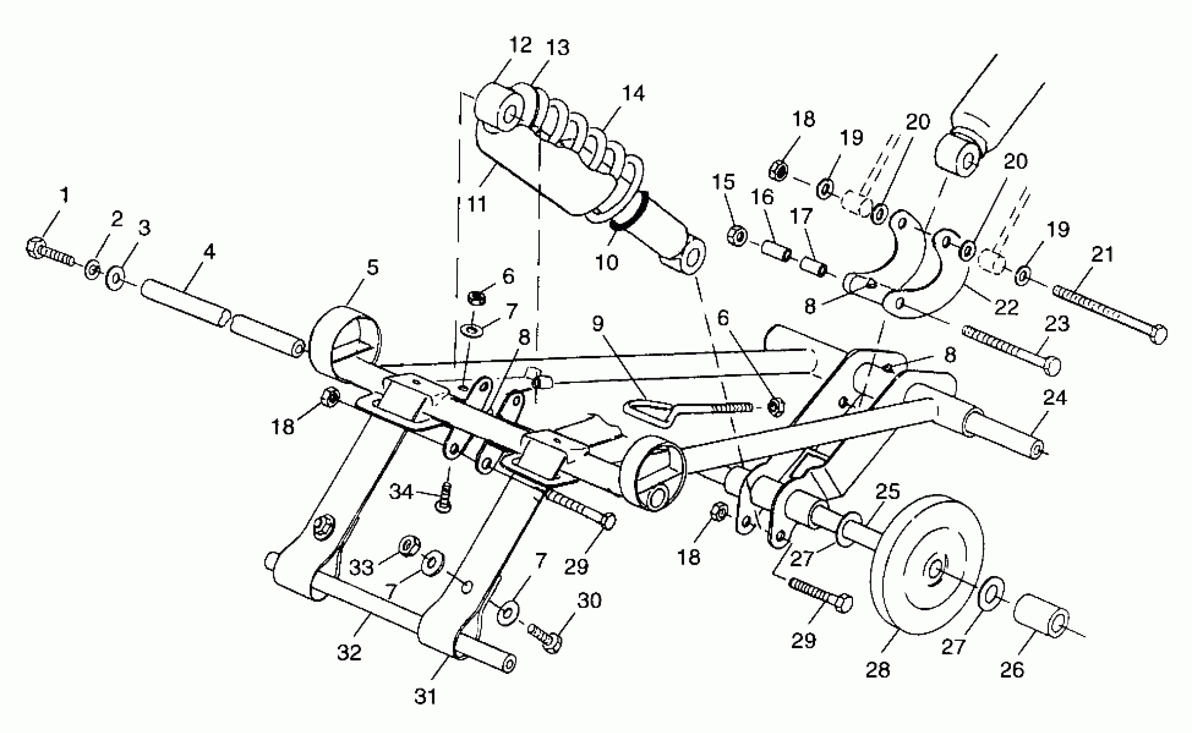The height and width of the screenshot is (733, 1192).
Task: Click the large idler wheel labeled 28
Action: pyautogui.click(x=927, y=566)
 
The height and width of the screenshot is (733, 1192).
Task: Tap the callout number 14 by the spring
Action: pyautogui.click(x=633, y=93)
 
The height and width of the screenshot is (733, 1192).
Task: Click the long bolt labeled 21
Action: pyautogui.click(x=1110, y=312)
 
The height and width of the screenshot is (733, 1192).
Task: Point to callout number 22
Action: pyautogui.click(x=1006, y=307)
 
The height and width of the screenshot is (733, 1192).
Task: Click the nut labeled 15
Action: pyautogui.click(x=737, y=236)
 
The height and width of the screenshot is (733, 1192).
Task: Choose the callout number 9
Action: pyautogui.click(x=598, y=323)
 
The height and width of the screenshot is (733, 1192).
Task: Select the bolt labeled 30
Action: pyautogui.click(x=546, y=636)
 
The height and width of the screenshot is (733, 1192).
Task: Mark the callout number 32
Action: pyautogui.click(x=349, y=652)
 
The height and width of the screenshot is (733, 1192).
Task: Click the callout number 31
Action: pyautogui.click(x=425, y=697)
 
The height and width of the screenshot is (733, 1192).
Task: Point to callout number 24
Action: pyautogui.click(x=1055, y=398)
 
